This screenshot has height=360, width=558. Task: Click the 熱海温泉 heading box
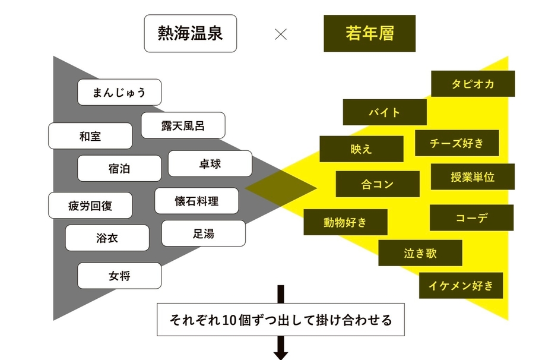point(190,33)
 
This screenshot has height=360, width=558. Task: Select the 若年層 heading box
point(369,33)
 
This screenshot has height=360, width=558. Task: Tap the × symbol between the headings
point(281,34)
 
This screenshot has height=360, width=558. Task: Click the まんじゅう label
point(119,92)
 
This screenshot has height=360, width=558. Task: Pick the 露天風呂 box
point(183,125)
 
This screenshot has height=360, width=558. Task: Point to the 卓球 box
point(210,163)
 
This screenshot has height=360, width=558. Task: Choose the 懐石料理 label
point(196,201)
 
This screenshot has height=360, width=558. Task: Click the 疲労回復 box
point(90,206)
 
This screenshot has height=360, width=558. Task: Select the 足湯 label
point(203,233)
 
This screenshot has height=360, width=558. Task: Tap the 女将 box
point(119,276)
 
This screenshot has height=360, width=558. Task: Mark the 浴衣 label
point(107,238)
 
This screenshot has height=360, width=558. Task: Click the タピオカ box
point(473,84)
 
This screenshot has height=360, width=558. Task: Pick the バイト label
point(384,112)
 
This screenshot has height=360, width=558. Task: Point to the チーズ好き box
point(456,143)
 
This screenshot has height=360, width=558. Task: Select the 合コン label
point(377,184)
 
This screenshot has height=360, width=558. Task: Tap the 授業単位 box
point(473,176)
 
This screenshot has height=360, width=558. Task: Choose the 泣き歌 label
point(420,253)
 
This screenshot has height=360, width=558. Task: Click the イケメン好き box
point(461,286)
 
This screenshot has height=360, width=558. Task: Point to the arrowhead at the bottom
point(281,355)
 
